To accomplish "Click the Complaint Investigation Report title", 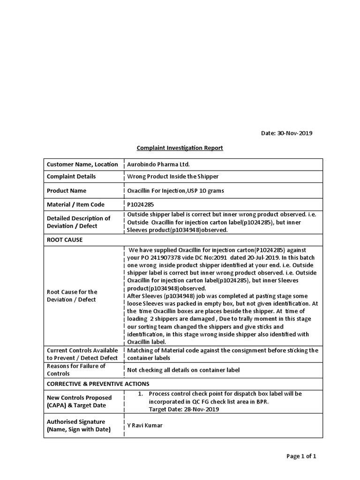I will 180,148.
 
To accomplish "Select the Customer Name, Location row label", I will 82,165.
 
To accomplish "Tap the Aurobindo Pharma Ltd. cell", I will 159,165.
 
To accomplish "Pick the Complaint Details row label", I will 71,177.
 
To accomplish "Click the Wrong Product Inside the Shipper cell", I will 173,177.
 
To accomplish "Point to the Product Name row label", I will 66,191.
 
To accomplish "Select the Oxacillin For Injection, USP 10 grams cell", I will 176,191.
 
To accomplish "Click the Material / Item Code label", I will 75,204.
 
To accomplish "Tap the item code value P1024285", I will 140,204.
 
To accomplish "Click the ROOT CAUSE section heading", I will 65,240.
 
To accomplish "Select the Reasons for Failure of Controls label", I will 76,369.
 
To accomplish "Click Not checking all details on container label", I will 183,370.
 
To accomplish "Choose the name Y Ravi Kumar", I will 145,425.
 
